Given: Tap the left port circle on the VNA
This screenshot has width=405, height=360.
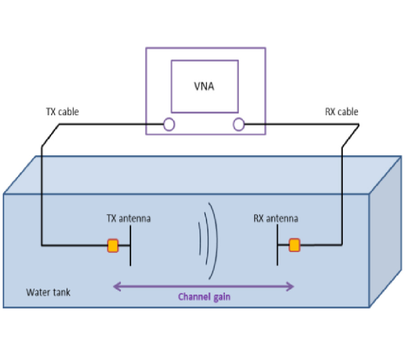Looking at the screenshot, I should coord(169,124).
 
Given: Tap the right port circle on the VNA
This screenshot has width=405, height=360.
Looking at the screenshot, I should coord(238,124).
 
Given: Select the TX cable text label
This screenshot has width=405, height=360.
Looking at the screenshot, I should coord(62,112).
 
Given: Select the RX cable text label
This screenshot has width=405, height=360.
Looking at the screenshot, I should coord(342,112).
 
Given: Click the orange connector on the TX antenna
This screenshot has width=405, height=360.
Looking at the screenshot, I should coord(113,245).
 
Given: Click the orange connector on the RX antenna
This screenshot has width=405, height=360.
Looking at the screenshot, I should coord(294,245).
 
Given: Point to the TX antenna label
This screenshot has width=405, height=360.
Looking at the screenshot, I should coord(128,219).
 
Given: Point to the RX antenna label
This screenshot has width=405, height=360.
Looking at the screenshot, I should coord(275,219).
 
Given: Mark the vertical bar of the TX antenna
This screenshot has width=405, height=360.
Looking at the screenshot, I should coord(130,246).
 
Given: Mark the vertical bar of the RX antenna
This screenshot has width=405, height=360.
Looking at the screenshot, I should coord(277,246).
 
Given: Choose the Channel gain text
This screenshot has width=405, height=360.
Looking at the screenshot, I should coord(204,297).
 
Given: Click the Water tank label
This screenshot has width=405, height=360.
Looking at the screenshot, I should coord(48,292).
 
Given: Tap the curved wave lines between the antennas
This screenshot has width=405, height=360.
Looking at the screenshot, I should coord(208,240).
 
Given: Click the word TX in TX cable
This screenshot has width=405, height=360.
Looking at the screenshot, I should coord(52,112).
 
